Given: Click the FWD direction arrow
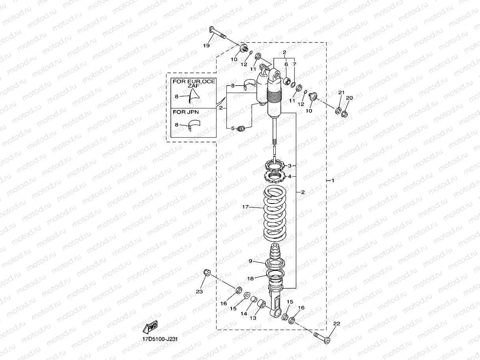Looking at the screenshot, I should [x=150, y=327].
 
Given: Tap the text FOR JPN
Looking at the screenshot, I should [x=185, y=112].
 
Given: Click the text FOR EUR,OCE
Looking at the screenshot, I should [x=194, y=81].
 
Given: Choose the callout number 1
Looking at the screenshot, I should [x=332, y=181].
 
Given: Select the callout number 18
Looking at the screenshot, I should [x=250, y=278].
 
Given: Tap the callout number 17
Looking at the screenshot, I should [x=246, y=207].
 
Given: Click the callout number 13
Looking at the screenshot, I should [x=252, y=318].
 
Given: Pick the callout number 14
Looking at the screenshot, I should [x=244, y=313].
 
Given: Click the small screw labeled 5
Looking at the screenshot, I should [x=242, y=128].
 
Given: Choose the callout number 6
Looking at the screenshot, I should [x=286, y=64].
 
